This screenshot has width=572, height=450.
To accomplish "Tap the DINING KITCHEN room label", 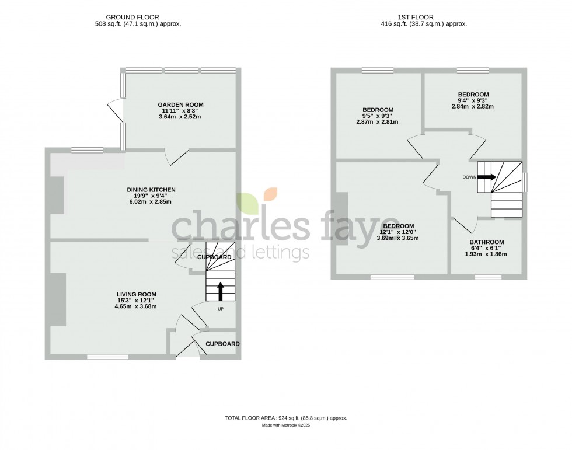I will [151, 190].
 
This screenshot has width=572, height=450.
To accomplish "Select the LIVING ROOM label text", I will [136, 294].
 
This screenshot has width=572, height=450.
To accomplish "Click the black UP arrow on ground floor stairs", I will [221, 290].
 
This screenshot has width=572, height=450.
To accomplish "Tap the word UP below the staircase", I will [221, 309].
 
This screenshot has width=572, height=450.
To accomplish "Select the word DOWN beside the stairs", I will [469, 177].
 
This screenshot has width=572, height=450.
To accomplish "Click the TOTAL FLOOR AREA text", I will [286, 418].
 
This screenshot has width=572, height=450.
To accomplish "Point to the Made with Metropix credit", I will [286, 425].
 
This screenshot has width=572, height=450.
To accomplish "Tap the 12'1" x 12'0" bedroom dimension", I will [398, 232].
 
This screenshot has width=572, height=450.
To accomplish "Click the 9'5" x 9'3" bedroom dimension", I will [378, 116].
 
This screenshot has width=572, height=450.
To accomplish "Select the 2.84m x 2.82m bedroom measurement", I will [473, 107].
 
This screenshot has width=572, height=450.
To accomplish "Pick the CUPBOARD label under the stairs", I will [214, 257].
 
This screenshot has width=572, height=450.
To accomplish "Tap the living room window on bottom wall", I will [103, 357].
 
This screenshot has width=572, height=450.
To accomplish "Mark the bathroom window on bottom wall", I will [487, 276].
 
